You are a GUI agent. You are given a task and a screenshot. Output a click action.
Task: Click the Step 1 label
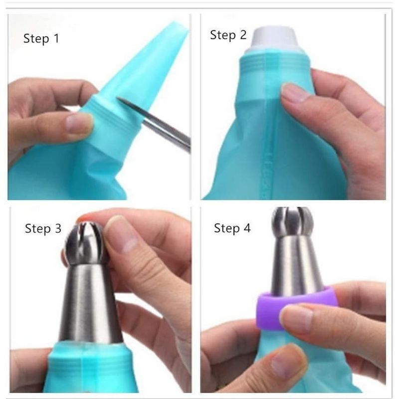(x=41, y=39)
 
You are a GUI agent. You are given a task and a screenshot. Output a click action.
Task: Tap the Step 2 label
(x=228, y=35)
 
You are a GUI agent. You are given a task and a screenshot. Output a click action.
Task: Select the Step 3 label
(x=43, y=229)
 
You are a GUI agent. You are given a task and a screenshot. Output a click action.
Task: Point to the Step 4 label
(x=232, y=229)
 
